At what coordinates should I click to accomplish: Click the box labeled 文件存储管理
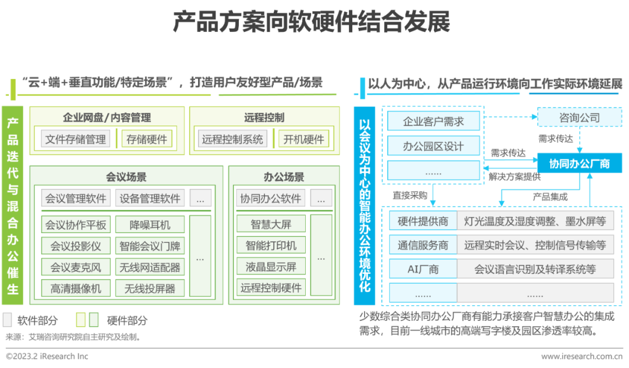click(76, 139)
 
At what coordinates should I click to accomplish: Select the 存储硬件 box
click(147, 139)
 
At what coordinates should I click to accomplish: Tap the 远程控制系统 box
click(232, 139)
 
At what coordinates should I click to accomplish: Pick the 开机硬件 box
click(303, 139)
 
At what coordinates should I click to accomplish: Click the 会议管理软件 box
click(76, 198)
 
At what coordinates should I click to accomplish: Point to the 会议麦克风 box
click(76, 267)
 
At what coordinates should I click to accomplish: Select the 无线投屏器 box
click(150, 288)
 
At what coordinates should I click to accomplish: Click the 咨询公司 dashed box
click(579, 117)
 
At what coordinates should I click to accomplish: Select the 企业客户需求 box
click(433, 121)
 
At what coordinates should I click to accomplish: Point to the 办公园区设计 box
click(433, 146)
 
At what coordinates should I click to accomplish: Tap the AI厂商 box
click(423, 269)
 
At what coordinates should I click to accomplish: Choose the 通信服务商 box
click(423, 245)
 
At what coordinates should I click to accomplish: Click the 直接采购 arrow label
click(410, 195)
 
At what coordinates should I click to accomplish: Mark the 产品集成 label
click(550, 196)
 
